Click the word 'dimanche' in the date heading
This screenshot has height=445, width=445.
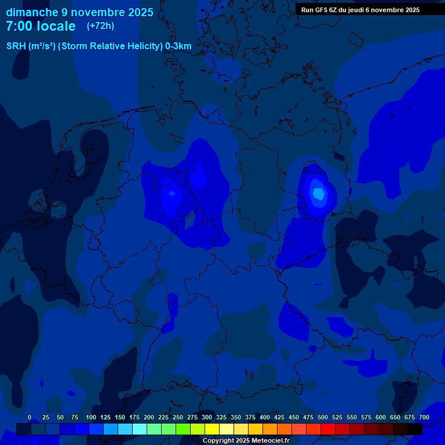[x=32, y=12]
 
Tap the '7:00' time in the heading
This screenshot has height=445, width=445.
[x=20, y=26]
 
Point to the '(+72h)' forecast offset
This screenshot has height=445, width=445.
[x=100, y=26]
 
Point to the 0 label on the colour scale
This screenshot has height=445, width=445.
[x=30, y=417]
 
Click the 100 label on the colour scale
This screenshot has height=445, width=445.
[x=90, y=417]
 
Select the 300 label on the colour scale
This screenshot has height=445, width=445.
[x=207, y=417]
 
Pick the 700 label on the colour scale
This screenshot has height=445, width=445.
[x=424, y=417]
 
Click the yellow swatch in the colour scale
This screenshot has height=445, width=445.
[x=212, y=429]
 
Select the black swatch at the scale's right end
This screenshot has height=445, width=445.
[x=415, y=429]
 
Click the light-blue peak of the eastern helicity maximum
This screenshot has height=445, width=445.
[x=318, y=194]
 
